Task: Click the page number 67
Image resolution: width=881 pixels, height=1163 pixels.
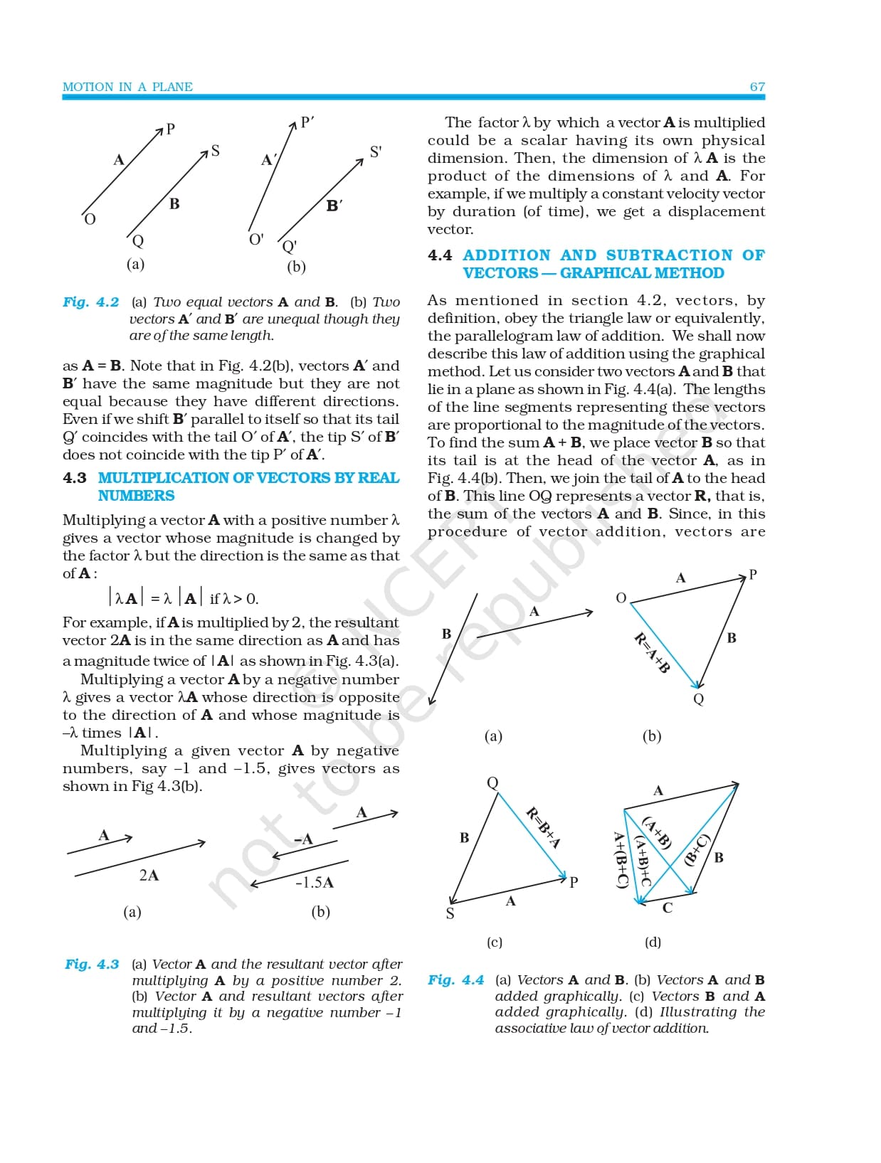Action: [x=757, y=87]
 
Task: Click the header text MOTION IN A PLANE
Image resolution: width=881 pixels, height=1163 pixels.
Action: [x=127, y=87]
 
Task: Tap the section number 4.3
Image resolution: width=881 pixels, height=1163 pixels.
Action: [x=75, y=478]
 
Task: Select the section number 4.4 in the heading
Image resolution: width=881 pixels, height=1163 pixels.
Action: [x=440, y=255]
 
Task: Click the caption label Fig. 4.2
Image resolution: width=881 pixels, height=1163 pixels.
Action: [x=91, y=302]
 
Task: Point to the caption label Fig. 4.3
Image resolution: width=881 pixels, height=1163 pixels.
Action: [x=92, y=965]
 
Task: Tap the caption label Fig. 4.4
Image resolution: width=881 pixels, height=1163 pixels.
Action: [x=455, y=980]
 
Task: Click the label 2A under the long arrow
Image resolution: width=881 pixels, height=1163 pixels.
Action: [x=149, y=876]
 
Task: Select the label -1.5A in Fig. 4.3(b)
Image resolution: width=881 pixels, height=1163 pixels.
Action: [x=315, y=883]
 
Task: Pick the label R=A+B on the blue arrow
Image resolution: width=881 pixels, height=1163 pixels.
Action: [x=652, y=652]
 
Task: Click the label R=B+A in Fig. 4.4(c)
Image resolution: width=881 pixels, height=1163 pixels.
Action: [x=544, y=827]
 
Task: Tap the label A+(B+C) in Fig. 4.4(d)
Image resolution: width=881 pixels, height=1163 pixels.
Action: [x=621, y=859]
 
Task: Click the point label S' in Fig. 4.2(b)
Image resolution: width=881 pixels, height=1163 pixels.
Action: [x=376, y=152]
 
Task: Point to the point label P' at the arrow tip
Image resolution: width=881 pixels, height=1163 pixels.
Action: [x=307, y=122]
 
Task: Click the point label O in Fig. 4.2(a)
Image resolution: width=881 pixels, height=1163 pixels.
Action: [x=90, y=219]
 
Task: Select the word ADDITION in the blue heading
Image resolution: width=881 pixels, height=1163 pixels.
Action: [x=507, y=255]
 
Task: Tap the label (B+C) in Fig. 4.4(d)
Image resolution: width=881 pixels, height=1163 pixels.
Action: [x=697, y=849]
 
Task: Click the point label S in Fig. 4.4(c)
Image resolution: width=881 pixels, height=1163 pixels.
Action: [x=450, y=914]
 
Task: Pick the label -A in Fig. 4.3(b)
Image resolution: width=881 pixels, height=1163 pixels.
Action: [x=304, y=839]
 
